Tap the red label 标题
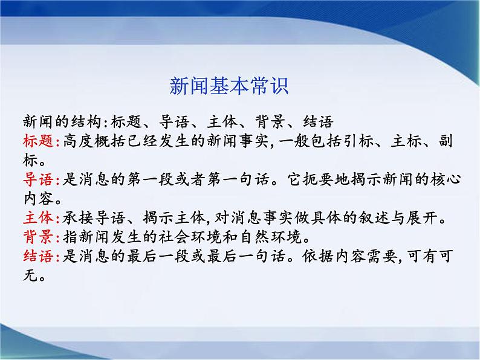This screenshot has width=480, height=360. (x=38, y=142)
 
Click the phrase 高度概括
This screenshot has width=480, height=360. (x=92, y=142)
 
